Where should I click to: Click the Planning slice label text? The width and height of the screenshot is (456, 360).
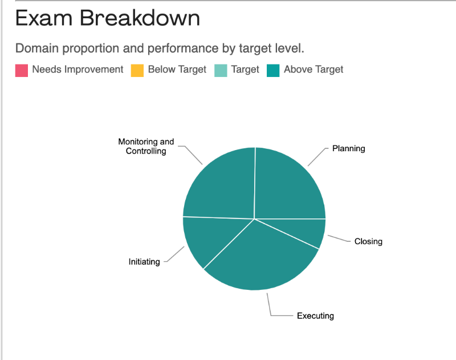[x=348, y=148]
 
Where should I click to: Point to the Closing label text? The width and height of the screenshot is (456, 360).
[x=368, y=241]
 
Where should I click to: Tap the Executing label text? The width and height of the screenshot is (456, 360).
[x=315, y=315]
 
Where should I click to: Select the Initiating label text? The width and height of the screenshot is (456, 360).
[x=144, y=262]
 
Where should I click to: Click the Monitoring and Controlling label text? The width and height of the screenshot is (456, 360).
[x=146, y=146]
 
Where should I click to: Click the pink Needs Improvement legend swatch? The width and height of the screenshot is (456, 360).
[x=22, y=70]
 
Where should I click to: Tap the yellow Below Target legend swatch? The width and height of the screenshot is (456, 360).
[x=137, y=70]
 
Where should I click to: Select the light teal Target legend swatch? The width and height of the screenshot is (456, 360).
[x=221, y=70]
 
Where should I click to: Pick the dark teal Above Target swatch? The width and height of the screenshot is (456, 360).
[x=273, y=70]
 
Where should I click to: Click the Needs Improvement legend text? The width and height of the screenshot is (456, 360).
[x=78, y=69]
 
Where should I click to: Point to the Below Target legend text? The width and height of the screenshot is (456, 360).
[x=177, y=69]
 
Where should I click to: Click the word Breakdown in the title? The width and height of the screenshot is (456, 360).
[x=140, y=18]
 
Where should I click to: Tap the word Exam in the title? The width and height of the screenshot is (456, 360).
[x=44, y=18]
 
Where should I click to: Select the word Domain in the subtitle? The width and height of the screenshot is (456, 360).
[x=37, y=48]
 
